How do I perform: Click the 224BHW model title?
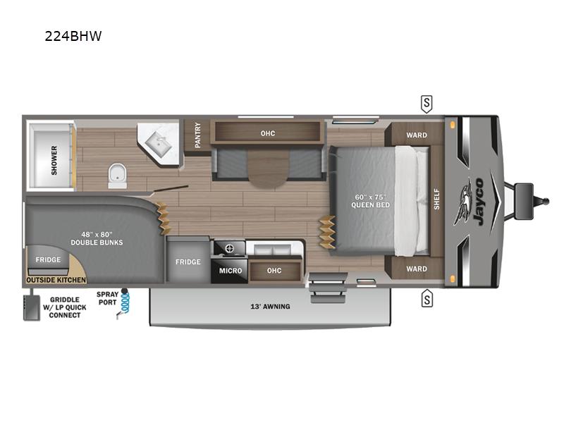[x=73, y=36]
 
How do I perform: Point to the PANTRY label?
[x=197, y=134]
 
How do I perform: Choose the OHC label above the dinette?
[x=267, y=133]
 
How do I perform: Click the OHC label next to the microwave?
[x=274, y=271]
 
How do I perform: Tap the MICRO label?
[x=231, y=271]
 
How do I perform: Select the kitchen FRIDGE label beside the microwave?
[x=188, y=262]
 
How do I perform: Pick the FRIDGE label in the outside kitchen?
[x=49, y=259]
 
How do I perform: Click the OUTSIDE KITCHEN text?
[x=56, y=280]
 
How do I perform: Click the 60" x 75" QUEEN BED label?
[x=372, y=200]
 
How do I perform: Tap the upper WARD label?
[x=417, y=135]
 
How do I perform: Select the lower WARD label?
[x=417, y=269]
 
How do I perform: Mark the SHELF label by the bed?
[x=437, y=200]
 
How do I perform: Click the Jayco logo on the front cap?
[x=472, y=202]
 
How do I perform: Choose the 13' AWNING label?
[x=271, y=307]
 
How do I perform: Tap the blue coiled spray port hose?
[x=125, y=304]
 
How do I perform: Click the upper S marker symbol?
[x=427, y=104]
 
